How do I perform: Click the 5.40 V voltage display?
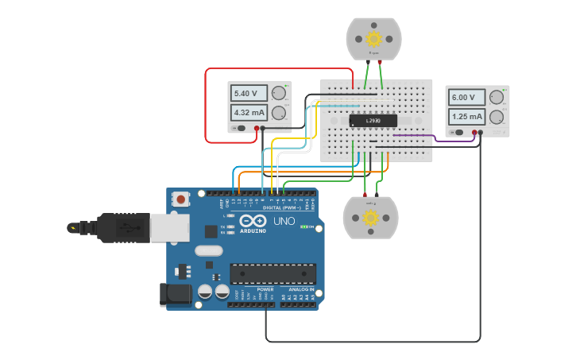click(249, 94)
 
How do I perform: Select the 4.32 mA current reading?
click(249, 113)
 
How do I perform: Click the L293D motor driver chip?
click(373, 121)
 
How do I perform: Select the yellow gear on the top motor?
click(374, 38)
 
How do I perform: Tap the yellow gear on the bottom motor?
click(370, 218)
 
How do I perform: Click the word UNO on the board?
click(284, 221)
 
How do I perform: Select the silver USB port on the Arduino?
click(166, 228)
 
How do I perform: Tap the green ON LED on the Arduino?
click(303, 226)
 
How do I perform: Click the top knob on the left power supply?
click(279, 93)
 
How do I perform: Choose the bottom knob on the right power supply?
click(497, 117)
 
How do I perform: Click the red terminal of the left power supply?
click(257, 128)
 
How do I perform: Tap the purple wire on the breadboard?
click(413, 136)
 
